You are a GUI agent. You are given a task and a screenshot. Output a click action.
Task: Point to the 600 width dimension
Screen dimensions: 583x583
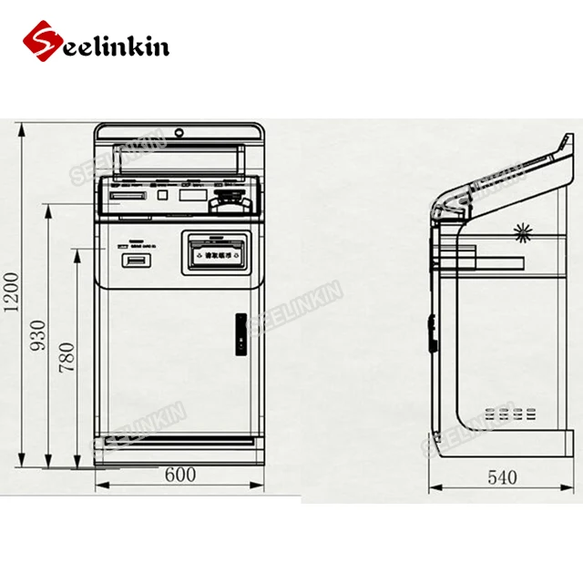click(x=180, y=476)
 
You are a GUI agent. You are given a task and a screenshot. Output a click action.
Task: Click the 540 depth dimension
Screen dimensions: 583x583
click(x=501, y=476)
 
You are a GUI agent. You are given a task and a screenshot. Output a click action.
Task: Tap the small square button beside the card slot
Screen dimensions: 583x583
click(x=162, y=194)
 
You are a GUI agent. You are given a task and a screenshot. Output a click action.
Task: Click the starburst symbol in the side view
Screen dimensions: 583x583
click(x=522, y=230)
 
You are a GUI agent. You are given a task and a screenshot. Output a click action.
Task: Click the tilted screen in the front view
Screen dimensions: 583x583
click(x=173, y=156)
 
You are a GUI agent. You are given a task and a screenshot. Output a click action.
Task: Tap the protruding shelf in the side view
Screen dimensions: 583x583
click(x=496, y=263)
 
